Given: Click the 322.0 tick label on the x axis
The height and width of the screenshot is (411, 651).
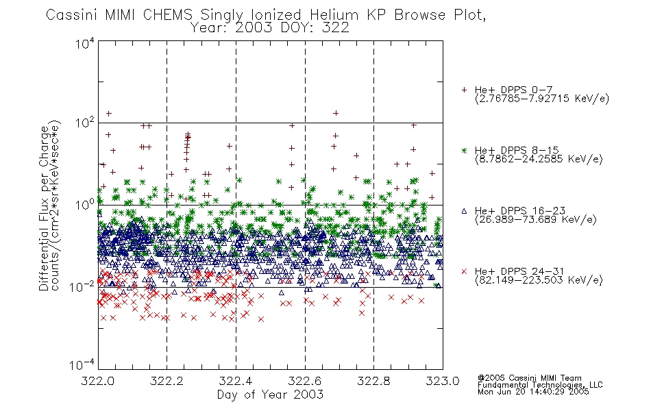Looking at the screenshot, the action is pyautogui.click(x=97, y=381).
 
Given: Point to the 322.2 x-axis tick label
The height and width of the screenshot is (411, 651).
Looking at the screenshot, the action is pyautogui.click(x=167, y=381).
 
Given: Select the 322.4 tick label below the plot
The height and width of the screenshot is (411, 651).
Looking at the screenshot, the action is pyautogui.click(x=236, y=381).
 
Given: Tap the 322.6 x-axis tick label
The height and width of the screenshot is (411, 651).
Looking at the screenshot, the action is pyautogui.click(x=305, y=381).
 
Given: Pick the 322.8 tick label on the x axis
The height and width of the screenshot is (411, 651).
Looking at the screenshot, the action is pyautogui.click(x=373, y=381).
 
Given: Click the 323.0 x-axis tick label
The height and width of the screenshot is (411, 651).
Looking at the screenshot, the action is pyautogui.click(x=443, y=381).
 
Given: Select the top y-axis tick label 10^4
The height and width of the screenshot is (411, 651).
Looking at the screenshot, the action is pyautogui.click(x=85, y=43).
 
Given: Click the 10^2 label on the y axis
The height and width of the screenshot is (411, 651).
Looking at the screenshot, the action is pyautogui.click(x=85, y=123).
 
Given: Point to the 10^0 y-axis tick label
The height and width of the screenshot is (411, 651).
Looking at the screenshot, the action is pyautogui.click(x=85, y=205).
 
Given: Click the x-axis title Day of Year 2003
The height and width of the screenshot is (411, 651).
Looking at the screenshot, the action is pyautogui.click(x=270, y=395).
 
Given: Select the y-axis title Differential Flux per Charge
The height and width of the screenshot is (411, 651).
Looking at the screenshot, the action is pyautogui.click(x=44, y=208).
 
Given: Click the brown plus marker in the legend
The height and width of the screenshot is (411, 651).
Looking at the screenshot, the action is pyautogui.click(x=464, y=90).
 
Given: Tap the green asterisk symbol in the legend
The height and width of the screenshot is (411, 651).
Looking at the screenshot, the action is pyautogui.click(x=464, y=150).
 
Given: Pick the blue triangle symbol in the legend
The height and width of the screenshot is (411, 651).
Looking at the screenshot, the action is pyautogui.click(x=464, y=211).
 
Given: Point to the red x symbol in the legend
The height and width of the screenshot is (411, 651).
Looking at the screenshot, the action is pyautogui.click(x=464, y=271).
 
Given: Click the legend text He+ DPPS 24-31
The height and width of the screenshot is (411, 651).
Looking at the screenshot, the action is pyautogui.click(x=519, y=271).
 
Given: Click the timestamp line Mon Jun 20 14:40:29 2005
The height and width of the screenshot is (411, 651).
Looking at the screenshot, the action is pyautogui.click(x=533, y=392).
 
